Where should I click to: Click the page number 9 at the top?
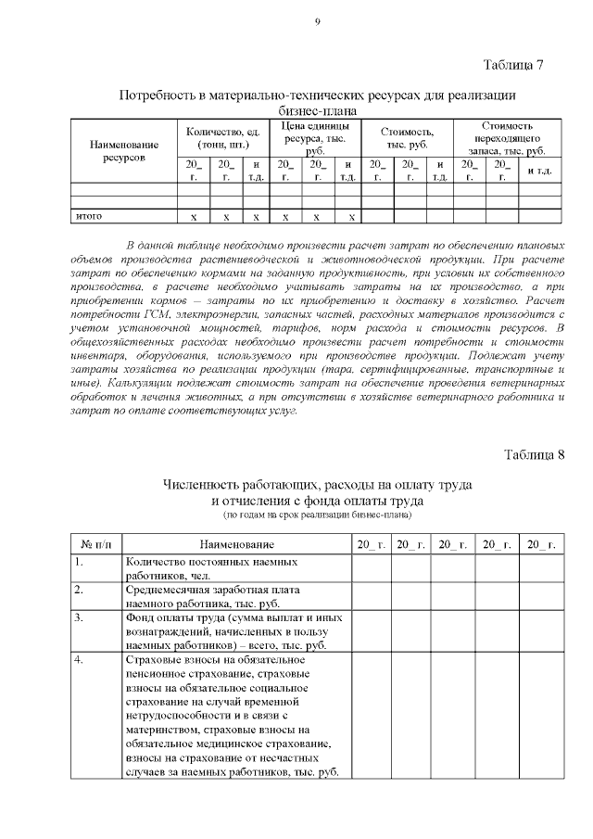[317, 22]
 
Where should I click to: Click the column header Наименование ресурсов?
[123, 151]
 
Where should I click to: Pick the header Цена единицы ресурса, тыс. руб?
[315, 137]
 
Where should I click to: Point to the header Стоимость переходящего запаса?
[507, 137]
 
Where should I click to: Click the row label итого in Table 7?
[88, 216]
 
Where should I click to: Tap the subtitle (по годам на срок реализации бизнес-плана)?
[318, 514]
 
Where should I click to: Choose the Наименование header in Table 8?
[237, 544]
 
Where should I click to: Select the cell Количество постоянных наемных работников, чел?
[211, 568]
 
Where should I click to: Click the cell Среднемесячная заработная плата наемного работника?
[213, 595]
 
